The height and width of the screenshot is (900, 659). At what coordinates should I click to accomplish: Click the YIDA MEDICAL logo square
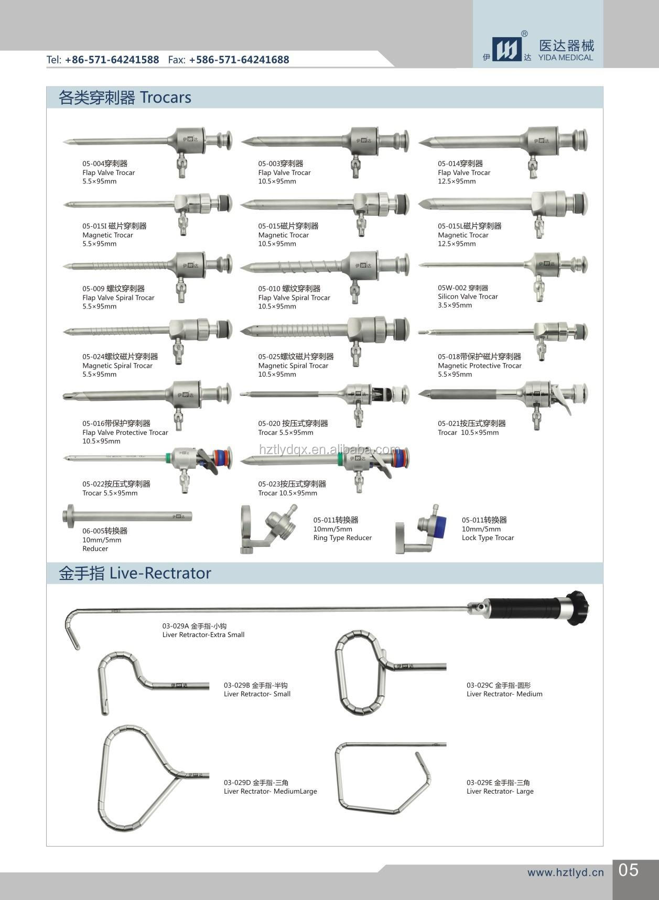(x=507, y=49)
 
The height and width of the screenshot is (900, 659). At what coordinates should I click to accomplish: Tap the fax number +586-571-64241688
(x=239, y=60)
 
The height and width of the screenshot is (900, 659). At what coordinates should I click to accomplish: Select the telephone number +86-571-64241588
(x=112, y=60)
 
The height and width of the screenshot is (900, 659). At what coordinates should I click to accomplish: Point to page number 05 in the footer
(x=629, y=870)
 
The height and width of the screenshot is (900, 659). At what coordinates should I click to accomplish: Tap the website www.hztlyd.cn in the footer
(x=566, y=872)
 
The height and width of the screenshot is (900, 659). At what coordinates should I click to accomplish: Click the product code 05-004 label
(x=93, y=164)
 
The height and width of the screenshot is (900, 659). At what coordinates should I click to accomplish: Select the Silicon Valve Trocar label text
(x=468, y=297)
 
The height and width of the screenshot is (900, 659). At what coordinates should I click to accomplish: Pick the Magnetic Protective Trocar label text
(x=480, y=366)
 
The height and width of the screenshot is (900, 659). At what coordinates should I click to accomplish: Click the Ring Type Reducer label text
(x=342, y=538)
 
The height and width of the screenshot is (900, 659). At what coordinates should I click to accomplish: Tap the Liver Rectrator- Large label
(x=500, y=792)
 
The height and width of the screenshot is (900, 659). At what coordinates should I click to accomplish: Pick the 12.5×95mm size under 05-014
(x=457, y=182)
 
